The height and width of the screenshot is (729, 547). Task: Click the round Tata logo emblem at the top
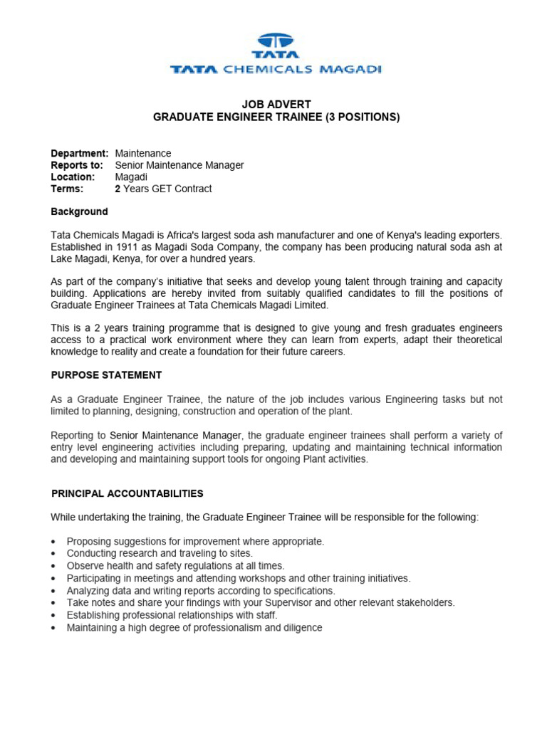coord(276,41)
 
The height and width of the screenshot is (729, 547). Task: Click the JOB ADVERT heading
coord(276,105)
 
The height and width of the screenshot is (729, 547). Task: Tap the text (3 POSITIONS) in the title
coord(363,117)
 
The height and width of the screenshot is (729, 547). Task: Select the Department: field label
coord(79,153)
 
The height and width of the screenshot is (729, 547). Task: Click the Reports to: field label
coord(77,165)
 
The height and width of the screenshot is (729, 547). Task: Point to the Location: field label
coord(73,177)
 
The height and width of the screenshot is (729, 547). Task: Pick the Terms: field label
coord(67,189)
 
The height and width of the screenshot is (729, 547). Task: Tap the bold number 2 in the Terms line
coord(118,189)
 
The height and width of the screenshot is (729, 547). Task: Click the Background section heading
coord(79,211)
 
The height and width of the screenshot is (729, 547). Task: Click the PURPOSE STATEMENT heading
coord(106,375)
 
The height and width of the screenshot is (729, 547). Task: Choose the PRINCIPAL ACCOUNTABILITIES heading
coord(127,493)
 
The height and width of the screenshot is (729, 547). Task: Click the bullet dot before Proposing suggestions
coord(54,542)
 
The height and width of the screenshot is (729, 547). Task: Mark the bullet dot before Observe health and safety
coord(54,565)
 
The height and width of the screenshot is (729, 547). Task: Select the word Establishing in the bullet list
coord(94,614)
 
